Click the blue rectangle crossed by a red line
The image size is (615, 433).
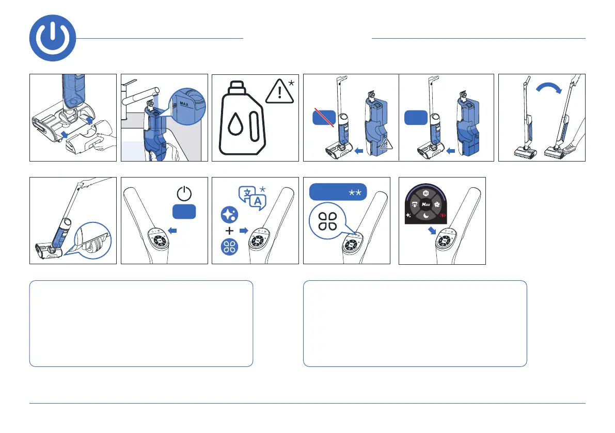click(324, 119)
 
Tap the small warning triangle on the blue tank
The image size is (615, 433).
click(385, 147)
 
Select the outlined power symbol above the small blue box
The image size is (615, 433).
click(184, 195)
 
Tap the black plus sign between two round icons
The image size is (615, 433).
click(231, 231)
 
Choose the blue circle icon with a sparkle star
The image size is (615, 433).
click(230, 214)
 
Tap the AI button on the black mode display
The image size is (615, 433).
click(427, 193)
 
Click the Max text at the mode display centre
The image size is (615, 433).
click(427, 205)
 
